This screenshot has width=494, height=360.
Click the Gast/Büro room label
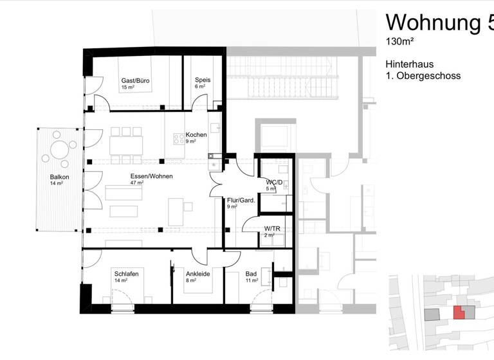pos(136,80)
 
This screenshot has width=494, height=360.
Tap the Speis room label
pos(203,80)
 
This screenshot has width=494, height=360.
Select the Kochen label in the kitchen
pos(196,134)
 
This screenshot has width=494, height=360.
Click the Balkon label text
pos(60,177)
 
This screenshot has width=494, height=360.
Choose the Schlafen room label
pos(127,273)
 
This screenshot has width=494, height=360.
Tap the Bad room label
pos(252,273)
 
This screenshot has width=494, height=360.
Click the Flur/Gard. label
pos(241,200)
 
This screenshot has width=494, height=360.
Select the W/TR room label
pos(272,228)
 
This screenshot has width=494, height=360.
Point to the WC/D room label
pos(275,182)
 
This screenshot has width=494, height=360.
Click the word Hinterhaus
pos(409,64)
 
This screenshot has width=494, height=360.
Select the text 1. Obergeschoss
pos(423,76)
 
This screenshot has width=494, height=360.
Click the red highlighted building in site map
pos(459,313)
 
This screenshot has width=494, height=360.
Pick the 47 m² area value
pos(136,183)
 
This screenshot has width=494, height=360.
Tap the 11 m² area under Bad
pos(252,280)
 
